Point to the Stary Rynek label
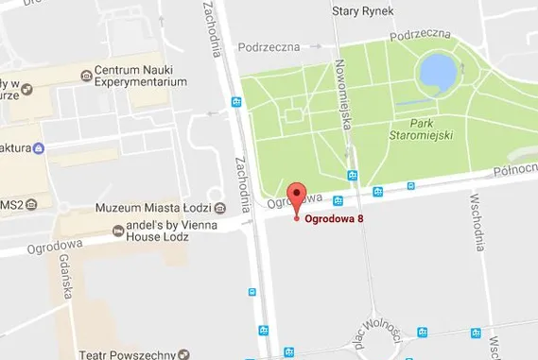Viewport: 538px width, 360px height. [x=364, y=11]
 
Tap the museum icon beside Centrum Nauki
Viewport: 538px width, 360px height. [x=86, y=74]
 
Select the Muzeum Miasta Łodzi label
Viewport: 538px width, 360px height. [x=151, y=208]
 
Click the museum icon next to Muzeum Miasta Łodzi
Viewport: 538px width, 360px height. [x=220, y=208]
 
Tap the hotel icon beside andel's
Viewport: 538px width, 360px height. [x=118, y=230]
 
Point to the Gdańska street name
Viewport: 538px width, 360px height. [x=66, y=277]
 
